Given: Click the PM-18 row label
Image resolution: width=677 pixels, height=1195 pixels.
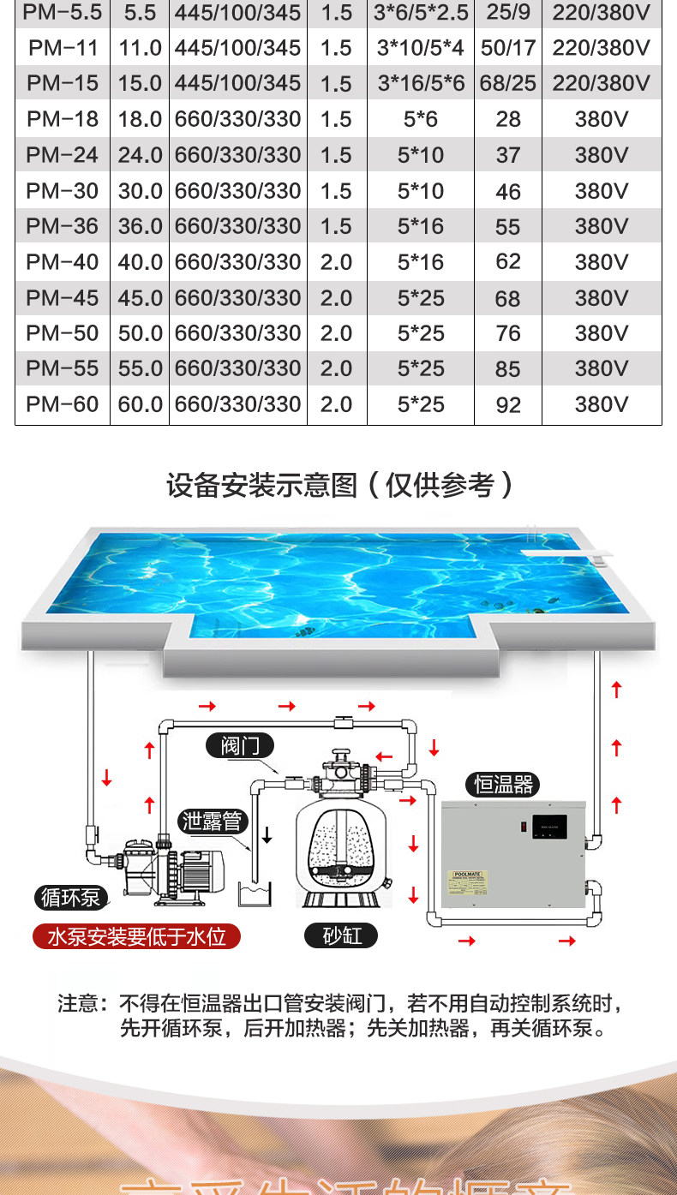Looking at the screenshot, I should [x=63, y=119].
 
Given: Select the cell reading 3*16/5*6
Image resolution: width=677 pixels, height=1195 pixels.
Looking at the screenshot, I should [x=421, y=83].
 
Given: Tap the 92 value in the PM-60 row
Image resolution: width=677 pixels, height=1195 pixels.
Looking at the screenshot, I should [x=508, y=404].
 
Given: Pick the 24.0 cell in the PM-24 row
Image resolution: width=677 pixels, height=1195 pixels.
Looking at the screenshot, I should [x=140, y=155].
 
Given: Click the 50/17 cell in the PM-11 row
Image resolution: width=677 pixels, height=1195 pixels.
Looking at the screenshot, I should [x=508, y=48].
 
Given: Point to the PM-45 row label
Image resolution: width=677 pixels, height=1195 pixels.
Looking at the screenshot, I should [x=63, y=298].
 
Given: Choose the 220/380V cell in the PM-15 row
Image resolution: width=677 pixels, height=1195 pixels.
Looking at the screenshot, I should [x=602, y=83].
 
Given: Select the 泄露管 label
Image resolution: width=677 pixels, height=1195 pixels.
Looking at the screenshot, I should [x=213, y=822].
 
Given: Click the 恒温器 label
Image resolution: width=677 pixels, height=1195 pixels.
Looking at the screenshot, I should [x=503, y=783].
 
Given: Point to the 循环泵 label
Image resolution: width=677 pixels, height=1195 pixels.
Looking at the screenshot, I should [x=71, y=898].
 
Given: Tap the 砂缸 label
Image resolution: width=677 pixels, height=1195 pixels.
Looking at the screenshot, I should [x=342, y=935].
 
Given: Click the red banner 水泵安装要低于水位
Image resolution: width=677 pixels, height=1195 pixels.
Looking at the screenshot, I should [x=136, y=936].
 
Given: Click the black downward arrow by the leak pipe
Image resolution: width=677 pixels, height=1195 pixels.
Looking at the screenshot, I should [x=267, y=834].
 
